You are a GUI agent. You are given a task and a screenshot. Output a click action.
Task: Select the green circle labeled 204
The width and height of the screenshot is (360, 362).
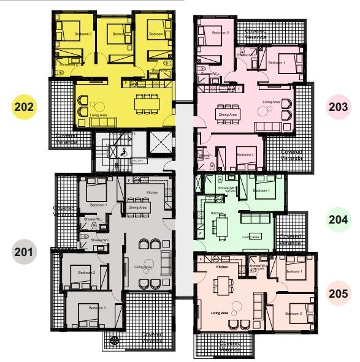click(x=338, y=219)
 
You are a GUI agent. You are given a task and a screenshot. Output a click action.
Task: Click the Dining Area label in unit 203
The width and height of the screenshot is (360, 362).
click(x=228, y=114)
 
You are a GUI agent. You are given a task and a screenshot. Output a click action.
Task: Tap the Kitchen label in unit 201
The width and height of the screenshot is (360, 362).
click(x=152, y=193)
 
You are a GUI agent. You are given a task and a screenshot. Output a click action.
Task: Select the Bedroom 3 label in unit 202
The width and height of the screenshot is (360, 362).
click(x=83, y=34)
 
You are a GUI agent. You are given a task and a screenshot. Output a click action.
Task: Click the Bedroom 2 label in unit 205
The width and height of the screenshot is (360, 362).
click(x=296, y=313)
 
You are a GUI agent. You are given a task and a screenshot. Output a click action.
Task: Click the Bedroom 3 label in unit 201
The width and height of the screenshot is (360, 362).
click(x=97, y=307)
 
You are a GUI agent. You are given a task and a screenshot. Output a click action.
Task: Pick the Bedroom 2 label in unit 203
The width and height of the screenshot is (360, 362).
click(x=221, y=32)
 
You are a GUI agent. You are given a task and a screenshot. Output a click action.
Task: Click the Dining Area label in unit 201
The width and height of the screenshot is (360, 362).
click(x=137, y=208)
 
